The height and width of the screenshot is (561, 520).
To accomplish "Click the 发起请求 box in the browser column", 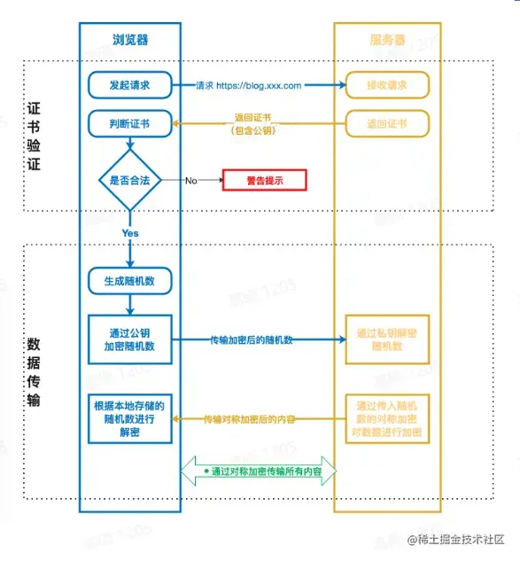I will (129, 85).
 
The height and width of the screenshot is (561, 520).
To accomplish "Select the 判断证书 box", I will (129, 123).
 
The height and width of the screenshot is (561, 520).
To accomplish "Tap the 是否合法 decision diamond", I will (129, 180).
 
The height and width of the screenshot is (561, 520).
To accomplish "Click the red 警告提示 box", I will (264, 180).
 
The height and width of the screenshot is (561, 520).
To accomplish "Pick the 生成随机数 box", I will (129, 281).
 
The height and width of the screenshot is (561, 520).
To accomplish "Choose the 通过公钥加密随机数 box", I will (129, 339).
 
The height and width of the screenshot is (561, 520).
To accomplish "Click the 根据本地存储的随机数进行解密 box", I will (129, 419).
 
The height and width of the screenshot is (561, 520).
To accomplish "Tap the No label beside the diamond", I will (190, 180).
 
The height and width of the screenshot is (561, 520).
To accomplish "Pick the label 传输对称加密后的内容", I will (249, 418).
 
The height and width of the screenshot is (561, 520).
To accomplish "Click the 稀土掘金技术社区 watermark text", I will (462, 539).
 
